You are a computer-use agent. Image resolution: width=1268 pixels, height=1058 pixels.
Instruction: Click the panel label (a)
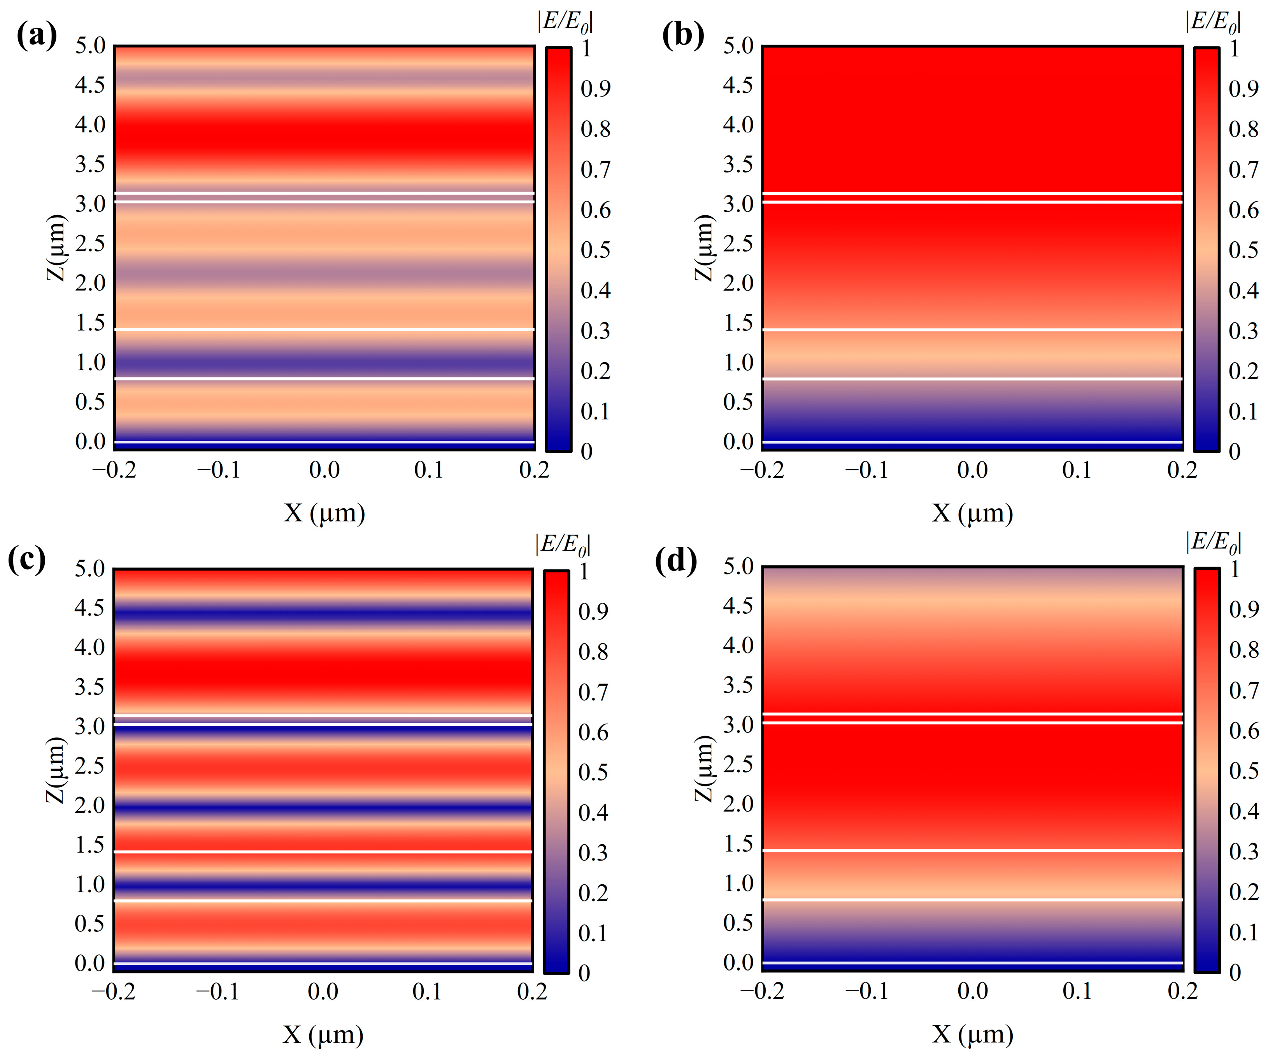[x=36, y=36]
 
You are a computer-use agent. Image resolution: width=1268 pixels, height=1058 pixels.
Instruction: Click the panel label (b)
[x=683, y=36]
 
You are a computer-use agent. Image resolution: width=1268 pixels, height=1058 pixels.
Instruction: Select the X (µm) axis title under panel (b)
[x=972, y=514]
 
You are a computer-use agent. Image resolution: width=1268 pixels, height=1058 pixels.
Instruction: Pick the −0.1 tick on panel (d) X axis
[x=867, y=991]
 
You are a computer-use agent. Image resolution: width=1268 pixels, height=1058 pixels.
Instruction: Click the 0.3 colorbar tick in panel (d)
[x=1244, y=851]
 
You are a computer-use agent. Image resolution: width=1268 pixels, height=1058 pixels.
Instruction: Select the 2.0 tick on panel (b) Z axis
[x=738, y=283]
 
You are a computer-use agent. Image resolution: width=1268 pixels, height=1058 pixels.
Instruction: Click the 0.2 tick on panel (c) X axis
[x=532, y=991]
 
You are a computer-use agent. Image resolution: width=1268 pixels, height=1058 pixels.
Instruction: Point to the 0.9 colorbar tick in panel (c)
[x=593, y=611]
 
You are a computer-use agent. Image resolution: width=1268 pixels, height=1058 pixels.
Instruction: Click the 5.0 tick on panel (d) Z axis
[x=738, y=567]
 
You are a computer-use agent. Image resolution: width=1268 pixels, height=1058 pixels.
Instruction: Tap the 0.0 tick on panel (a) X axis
[x=324, y=470]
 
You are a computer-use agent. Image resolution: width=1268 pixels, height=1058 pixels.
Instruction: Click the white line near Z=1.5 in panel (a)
[x=324, y=329]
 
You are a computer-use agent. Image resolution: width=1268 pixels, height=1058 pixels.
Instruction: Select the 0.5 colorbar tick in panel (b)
[x=1243, y=250]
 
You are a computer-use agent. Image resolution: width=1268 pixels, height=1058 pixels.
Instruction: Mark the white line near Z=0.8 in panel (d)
[x=972, y=900]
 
